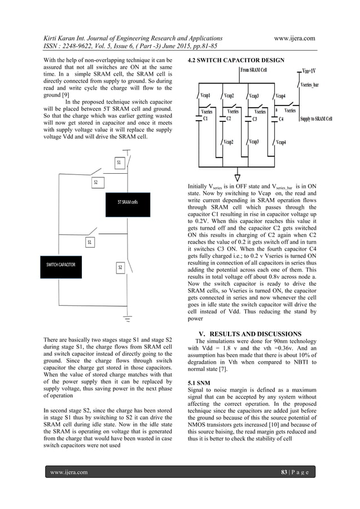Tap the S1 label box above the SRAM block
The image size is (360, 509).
pos(119,163)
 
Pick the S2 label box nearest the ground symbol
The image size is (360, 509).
pos(120,267)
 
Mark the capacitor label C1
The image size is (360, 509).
pos(206,119)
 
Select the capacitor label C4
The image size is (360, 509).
pos(281,119)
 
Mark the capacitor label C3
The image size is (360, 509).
pos(254,119)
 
